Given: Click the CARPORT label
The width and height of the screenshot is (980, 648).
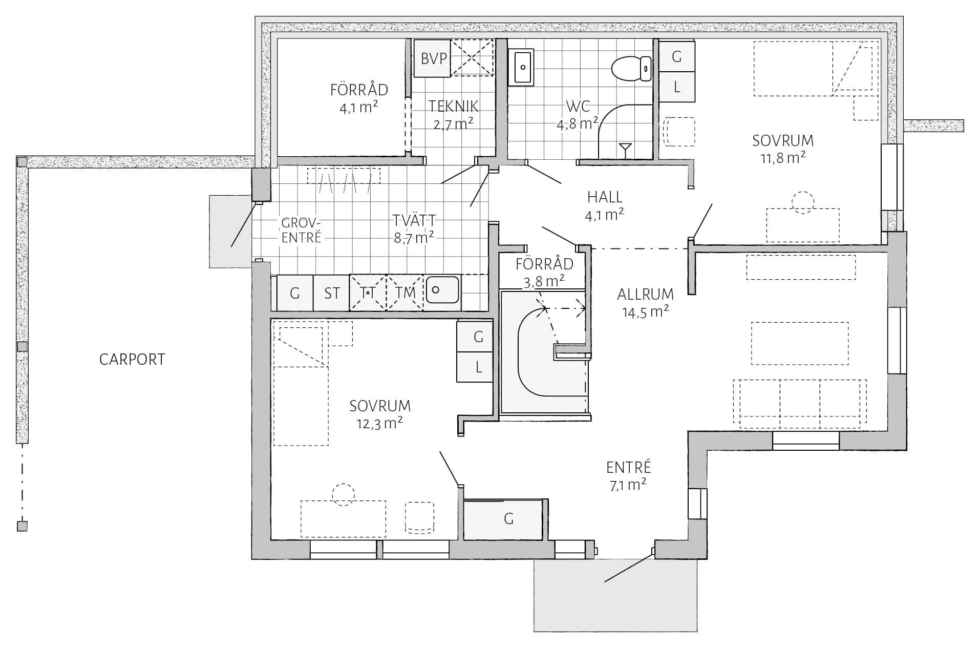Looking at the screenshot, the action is (x=132, y=359).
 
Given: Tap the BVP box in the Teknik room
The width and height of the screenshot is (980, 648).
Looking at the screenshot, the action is (x=433, y=58).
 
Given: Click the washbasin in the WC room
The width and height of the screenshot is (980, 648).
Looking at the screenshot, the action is (x=521, y=67).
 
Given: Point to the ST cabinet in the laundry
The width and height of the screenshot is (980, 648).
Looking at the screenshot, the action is (x=331, y=293).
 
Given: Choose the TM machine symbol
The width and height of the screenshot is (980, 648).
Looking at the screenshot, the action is (x=404, y=293).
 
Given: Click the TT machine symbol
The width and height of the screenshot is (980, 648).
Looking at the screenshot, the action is (x=368, y=293).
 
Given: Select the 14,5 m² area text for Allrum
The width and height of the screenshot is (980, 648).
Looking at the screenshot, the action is (x=645, y=311).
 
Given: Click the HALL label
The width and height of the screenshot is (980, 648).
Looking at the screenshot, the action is (x=605, y=197).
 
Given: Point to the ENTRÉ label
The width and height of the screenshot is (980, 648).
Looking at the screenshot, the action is (x=628, y=467).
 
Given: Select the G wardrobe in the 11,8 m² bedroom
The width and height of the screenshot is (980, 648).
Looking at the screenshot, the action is (x=676, y=56).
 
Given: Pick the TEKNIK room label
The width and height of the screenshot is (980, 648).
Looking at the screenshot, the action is (x=454, y=106).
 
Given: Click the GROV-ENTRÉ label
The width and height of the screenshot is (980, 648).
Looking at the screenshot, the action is (x=301, y=230).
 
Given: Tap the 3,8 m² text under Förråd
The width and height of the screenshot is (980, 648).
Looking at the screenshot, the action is (x=544, y=281).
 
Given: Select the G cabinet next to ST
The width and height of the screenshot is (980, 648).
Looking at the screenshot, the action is (x=295, y=293).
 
